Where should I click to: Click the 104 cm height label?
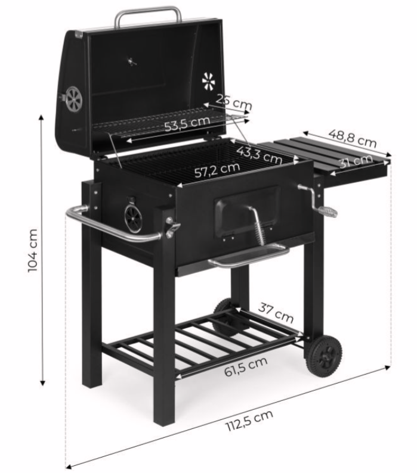(x=33, y=250)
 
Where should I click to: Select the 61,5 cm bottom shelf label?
(x=246, y=366)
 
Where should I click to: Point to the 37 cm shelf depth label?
(x=276, y=313)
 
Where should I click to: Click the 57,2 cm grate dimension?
(x=217, y=170)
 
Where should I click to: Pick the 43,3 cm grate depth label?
(x=260, y=155)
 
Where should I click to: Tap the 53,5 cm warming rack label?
(x=187, y=123)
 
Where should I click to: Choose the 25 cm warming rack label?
(x=234, y=102)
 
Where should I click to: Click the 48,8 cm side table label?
(x=353, y=138)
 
